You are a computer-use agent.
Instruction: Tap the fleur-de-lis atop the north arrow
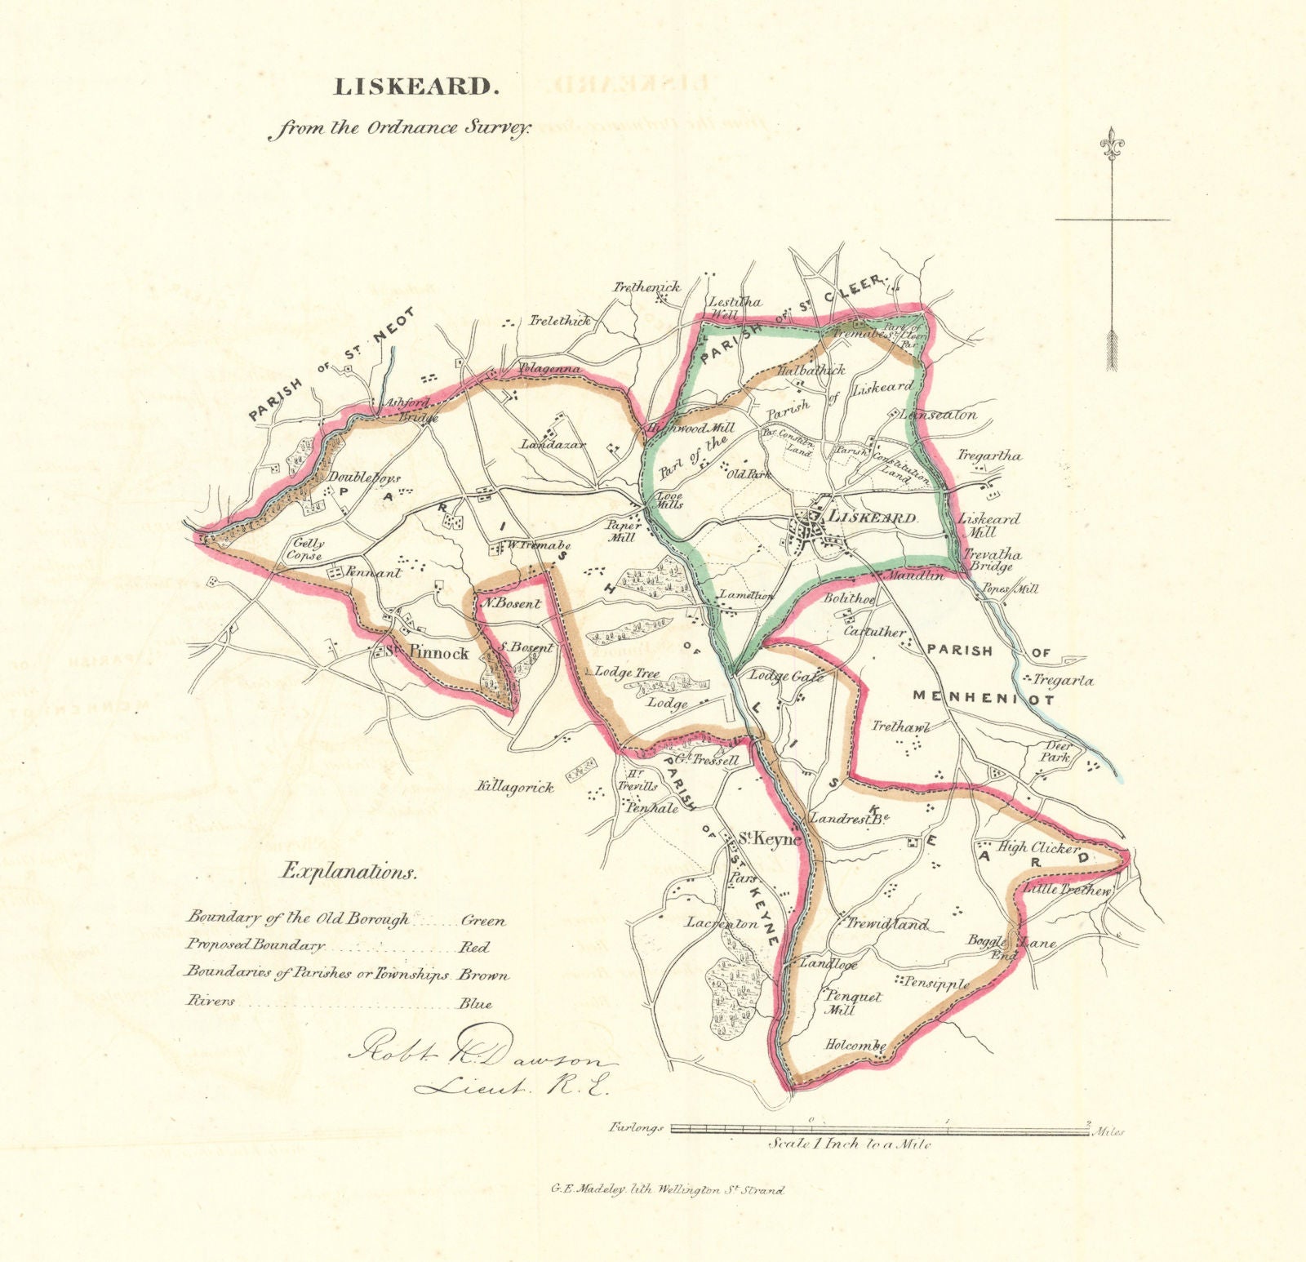[1112, 143]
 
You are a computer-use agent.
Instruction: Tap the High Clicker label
[1037, 847]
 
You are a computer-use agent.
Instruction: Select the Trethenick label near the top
[647, 287]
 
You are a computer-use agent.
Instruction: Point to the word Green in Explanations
[483, 920]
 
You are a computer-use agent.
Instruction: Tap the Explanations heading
[349, 872]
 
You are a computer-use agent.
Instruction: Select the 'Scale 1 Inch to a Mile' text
[849, 1144]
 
